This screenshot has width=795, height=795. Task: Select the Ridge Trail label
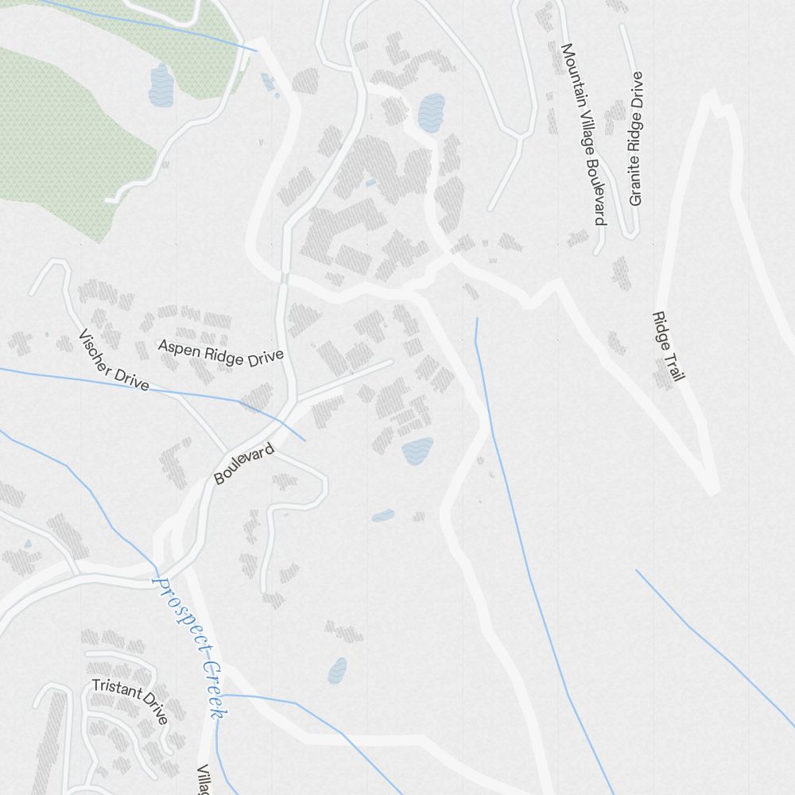[668, 346]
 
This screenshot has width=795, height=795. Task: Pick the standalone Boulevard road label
[244, 464]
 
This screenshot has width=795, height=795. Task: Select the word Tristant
[116, 688]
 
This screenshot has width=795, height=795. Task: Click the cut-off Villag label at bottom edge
[204, 780]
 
